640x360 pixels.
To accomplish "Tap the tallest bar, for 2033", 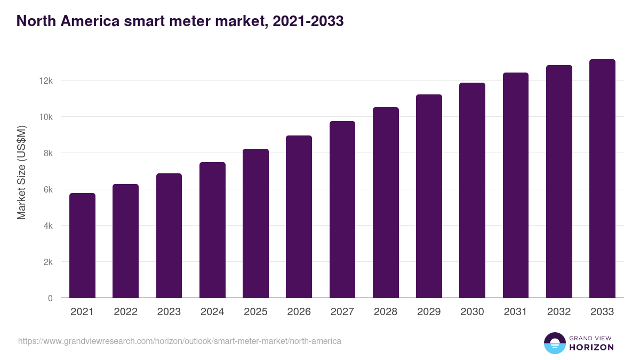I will click(x=602, y=179).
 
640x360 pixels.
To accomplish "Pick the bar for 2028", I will click(x=386, y=203).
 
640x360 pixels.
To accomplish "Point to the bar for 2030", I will click(x=472, y=190).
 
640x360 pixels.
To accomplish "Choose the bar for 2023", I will click(x=169, y=236).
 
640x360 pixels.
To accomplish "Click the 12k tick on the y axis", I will click(x=46, y=81).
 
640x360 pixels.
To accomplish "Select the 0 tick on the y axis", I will click(x=50, y=298).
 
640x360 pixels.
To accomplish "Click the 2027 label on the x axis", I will click(x=342, y=312).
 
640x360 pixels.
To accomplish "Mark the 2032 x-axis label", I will click(x=559, y=312).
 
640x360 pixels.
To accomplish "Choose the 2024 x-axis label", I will click(x=212, y=312).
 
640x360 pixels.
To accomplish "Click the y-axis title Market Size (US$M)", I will click(x=21, y=172).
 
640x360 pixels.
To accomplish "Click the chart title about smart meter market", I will click(x=180, y=21).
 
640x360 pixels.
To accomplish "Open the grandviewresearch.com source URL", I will click(x=180, y=341).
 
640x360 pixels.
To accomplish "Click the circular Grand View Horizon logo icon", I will click(x=554, y=343).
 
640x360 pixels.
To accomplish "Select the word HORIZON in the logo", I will click(x=591, y=347).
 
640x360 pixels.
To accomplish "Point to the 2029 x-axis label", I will click(x=429, y=312).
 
